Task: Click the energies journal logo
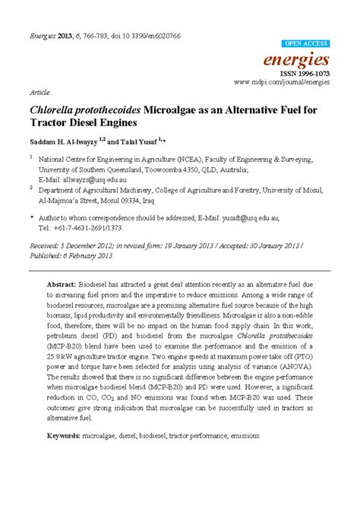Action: coord(307,58)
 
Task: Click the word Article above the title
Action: coord(40,90)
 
